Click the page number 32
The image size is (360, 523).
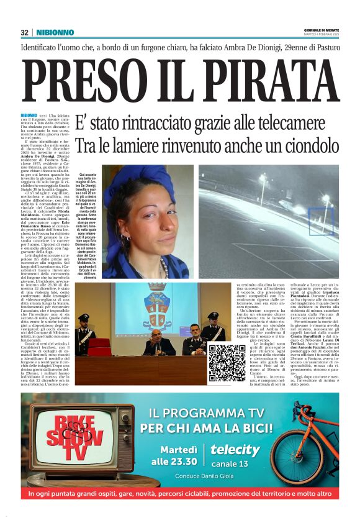[x=24, y=32]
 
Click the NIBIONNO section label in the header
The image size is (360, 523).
[x=55, y=32]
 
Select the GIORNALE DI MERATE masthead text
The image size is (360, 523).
[x=320, y=30]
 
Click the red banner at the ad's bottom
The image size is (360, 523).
[x=179, y=494]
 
